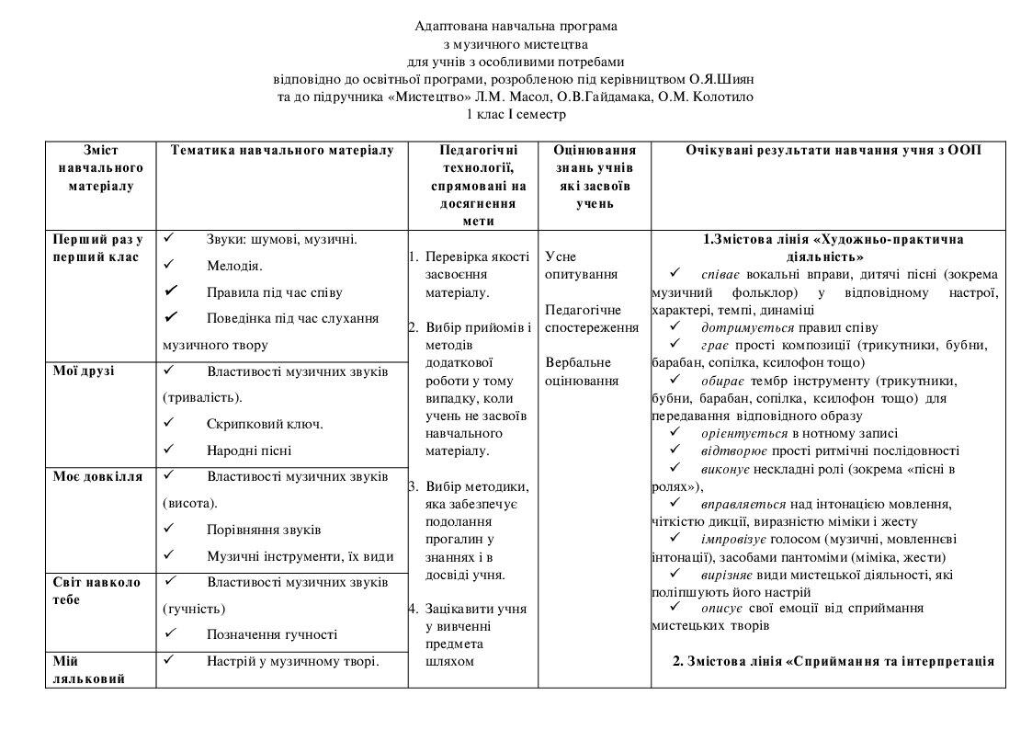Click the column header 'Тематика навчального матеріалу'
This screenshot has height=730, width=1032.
pos(282,150)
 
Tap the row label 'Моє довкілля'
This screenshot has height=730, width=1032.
pos(97,476)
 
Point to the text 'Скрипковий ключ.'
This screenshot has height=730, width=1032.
pos(265,424)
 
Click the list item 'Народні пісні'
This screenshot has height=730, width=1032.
pos(249,451)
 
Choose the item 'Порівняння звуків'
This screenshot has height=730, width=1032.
pos(264,530)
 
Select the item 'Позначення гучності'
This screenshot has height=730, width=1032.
pos(271,634)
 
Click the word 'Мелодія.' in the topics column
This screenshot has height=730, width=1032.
pos(234,266)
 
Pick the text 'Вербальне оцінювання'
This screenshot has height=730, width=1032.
pos(581,371)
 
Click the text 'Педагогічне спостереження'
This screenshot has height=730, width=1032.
pos(591,318)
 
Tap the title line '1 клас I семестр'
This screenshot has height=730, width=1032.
pos(516,114)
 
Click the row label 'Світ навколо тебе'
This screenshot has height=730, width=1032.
pos(96,590)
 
